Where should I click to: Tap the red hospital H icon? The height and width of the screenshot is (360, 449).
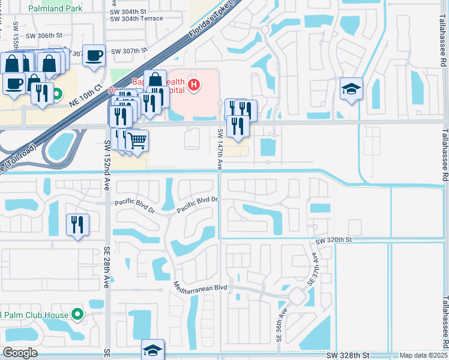coord(193,85)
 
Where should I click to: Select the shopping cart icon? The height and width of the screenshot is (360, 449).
coord(137,142)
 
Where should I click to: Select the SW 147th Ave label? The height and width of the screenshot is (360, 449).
coord(220,149)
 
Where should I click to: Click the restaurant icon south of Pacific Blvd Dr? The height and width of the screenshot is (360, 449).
coord(77,225)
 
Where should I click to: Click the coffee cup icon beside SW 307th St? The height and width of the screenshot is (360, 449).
coord(94,56)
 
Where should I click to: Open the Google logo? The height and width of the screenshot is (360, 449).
coord(20,352)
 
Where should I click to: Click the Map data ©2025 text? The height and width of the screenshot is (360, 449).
coord(423,355)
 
